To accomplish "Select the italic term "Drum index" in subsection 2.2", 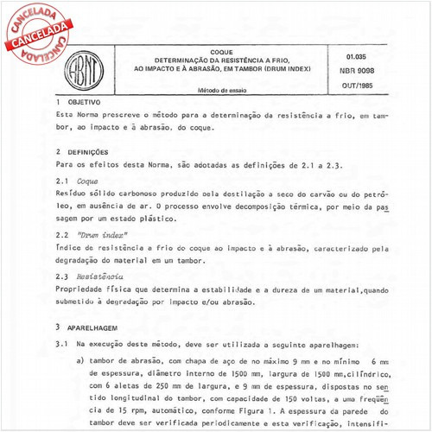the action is pyautogui.click(x=99, y=235).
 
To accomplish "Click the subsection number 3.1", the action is pyautogui.click(x=61, y=345).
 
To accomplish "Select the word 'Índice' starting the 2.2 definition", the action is pyautogui.click(x=68, y=248).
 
